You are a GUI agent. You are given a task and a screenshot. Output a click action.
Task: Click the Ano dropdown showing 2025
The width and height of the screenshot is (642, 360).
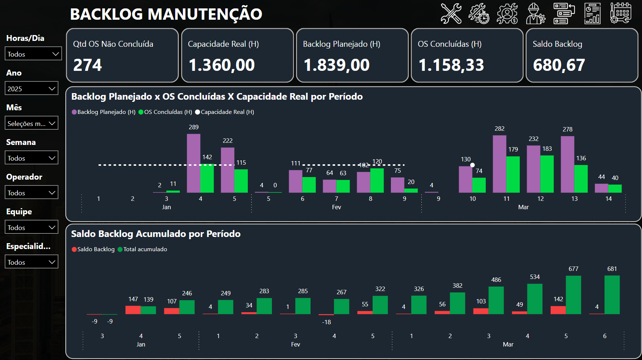(31, 88)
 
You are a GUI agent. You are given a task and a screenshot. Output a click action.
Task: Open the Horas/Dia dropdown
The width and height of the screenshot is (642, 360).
(33, 54)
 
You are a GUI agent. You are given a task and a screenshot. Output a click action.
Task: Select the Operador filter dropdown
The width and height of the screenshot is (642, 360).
(31, 192)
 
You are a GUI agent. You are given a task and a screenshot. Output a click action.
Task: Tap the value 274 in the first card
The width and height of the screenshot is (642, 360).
(88, 65)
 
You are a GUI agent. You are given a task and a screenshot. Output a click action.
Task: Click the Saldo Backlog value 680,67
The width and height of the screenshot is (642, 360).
(559, 65)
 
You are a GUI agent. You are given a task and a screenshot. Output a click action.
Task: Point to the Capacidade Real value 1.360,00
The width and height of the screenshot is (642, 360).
(222, 65)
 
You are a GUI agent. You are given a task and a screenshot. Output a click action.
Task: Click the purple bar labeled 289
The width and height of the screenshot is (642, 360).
(193, 163)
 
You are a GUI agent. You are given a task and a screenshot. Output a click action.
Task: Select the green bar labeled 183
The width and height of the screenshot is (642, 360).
(547, 174)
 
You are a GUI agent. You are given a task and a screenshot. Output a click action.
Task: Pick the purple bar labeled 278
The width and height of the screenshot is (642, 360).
(567, 164)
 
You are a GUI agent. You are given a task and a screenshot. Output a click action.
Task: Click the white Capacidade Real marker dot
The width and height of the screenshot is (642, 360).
(472, 165)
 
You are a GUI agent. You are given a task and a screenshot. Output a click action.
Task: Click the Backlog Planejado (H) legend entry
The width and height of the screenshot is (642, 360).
(104, 112)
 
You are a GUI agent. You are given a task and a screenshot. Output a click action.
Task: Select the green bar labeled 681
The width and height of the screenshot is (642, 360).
(612, 295)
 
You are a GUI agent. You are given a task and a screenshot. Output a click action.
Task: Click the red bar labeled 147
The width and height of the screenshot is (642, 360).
(133, 310)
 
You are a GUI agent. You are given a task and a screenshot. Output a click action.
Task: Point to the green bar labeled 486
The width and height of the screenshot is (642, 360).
(496, 300)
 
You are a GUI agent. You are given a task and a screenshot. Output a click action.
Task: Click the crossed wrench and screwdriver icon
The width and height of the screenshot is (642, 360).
(451, 14)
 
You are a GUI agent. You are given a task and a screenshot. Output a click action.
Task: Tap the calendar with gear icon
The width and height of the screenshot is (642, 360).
(620, 14)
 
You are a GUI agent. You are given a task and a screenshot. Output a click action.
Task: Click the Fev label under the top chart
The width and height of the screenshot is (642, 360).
(337, 207)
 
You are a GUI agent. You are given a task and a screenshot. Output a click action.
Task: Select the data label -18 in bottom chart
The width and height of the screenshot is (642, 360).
(326, 322)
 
